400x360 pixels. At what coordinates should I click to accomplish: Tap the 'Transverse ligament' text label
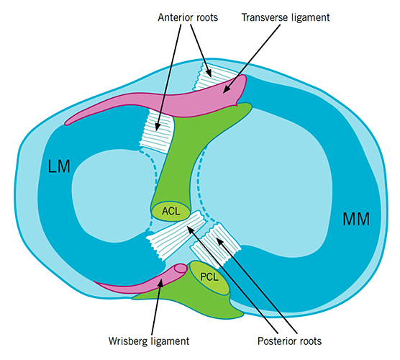pos(284,14)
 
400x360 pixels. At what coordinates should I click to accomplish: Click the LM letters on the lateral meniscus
pos(60,167)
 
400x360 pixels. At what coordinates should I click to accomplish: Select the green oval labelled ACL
pos(171,211)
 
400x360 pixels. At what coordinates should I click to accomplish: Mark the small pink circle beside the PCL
pos(180,269)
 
